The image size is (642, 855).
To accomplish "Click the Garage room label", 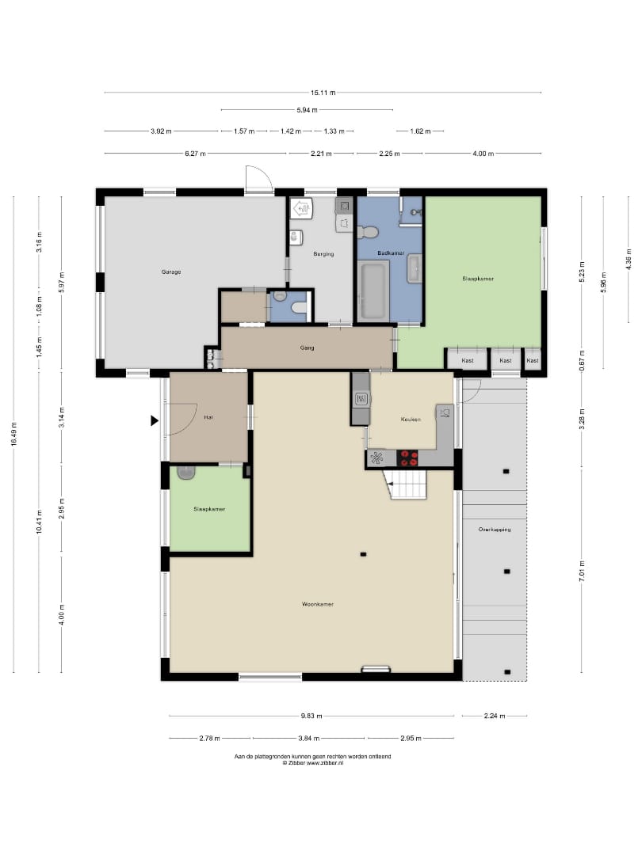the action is point(171,272).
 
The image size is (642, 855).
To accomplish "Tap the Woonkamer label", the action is point(317,604).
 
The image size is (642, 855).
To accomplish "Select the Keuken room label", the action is point(411,420).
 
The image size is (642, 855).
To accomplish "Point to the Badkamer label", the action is point(391,253).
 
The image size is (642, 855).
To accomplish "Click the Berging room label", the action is point(323,253).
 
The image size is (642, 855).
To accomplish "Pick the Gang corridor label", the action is point(307,348).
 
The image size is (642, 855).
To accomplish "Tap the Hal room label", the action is point(208,417).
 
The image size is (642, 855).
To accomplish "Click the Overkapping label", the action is point(495,530).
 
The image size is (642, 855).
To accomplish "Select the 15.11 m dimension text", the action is point(323,93).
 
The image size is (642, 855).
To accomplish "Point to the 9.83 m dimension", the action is point(311,716).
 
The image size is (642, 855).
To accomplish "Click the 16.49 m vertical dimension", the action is point(13,434).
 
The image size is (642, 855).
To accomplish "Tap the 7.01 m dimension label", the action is point(582,571).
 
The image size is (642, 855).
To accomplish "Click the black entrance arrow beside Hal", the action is point(155,420).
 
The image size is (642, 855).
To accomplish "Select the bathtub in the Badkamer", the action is point(373,290).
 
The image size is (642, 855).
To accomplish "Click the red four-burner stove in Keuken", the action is point(407,458).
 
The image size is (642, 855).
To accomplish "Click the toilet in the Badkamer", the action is point(369,232).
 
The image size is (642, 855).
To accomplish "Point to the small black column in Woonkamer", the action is point(363,554).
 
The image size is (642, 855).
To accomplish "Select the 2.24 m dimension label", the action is point(495,716).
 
